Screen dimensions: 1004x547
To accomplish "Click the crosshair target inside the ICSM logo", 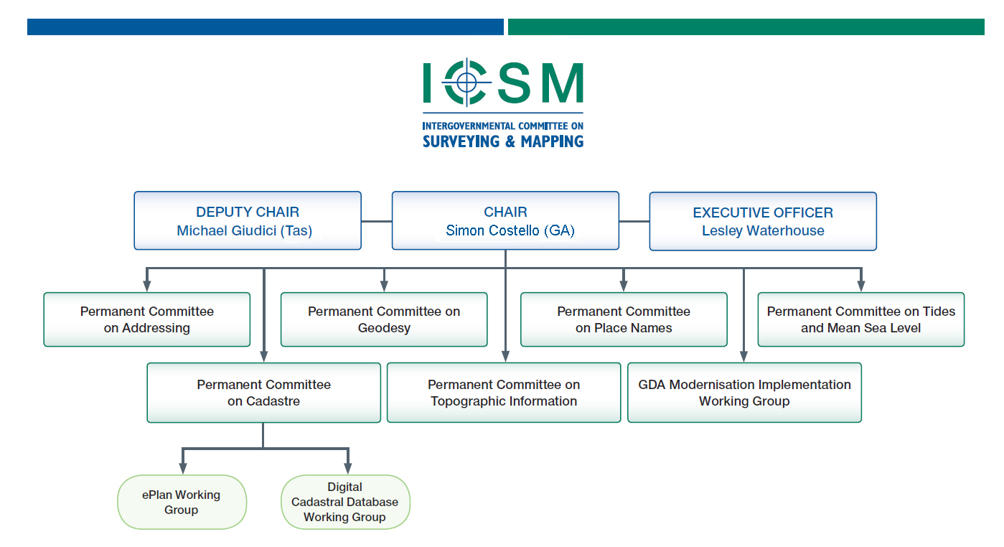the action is click(x=466, y=83).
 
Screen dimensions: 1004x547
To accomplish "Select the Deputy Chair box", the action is click(x=248, y=220).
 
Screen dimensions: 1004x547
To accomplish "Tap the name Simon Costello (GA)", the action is click(x=510, y=230).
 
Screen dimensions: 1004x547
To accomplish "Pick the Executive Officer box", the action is click(x=763, y=221).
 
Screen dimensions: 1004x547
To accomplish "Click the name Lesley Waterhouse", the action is click(x=763, y=230).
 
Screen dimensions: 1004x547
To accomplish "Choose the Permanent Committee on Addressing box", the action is click(x=147, y=319).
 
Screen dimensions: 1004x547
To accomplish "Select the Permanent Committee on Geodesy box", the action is click(x=384, y=319).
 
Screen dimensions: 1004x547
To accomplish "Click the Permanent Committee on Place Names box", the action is click(x=624, y=319).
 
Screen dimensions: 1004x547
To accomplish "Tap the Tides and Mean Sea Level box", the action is click(x=861, y=319).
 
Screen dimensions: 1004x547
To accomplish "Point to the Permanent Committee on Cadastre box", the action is click(x=264, y=393).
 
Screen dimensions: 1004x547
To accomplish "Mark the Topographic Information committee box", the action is click(x=504, y=393).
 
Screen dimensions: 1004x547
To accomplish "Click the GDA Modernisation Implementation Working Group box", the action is click(x=744, y=393).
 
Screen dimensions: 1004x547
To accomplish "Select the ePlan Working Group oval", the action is click(x=182, y=502).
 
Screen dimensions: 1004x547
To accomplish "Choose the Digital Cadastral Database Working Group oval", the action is click(x=345, y=502).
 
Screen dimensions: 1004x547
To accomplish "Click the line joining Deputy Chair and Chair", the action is click(x=377, y=221).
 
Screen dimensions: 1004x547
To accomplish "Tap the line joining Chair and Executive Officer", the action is click(x=634, y=221).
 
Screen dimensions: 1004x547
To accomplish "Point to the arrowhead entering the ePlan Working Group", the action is click(x=183, y=468).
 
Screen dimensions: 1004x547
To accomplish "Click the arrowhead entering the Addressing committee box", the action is click(x=146, y=286).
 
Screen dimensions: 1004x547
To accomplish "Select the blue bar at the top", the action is click(x=266, y=27).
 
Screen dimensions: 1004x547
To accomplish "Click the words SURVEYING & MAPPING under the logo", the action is click(x=503, y=141).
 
